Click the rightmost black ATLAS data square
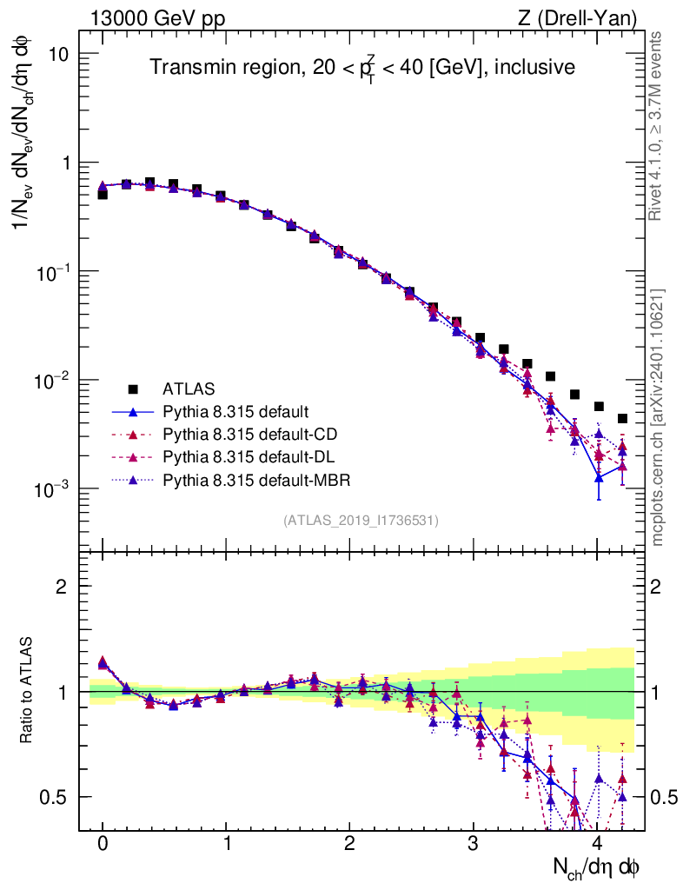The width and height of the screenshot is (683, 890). tap(622, 419)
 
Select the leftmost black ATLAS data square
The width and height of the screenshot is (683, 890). tap(103, 195)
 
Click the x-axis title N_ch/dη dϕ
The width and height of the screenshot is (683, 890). tap(596, 867)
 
